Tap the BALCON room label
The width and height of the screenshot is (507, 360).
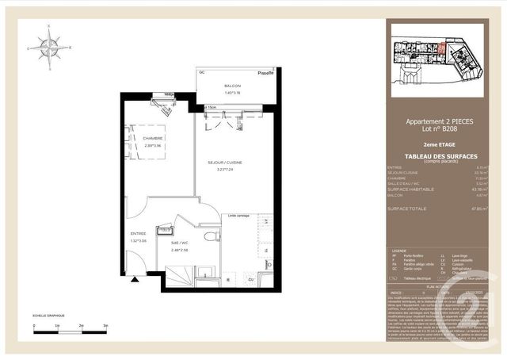pyautogui.click(x=232, y=86)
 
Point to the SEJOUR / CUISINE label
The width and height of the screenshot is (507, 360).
pyautogui.click(x=224, y=162)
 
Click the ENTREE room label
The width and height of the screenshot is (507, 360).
pyautogui.click(x=138, y=233)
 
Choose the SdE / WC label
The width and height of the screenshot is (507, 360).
pyautogui.click(x=181, y=243)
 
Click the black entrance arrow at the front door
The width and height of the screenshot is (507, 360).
pyautogui.click(x=135, y=278)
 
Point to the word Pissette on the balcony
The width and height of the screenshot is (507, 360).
pyautogui.click(x=265, y=73)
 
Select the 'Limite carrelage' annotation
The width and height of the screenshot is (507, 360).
pyautogui.click(x=238, y=214)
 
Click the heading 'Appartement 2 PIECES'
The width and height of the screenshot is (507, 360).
pyautogui.click(x=439, y=121)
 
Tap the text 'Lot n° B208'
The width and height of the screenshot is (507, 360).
pyautogui.click(x=439, y=129)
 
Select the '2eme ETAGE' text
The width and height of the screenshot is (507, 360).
pyautogui.click(x=439, y=145)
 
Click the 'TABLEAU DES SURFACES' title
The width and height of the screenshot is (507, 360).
pyautogui.click(x=439, y=155)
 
